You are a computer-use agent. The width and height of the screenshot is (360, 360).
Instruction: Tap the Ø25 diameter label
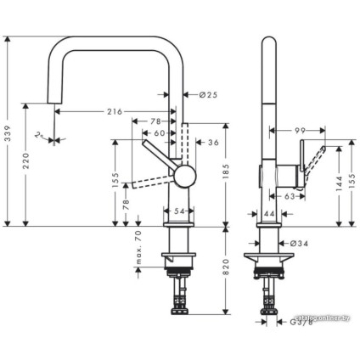tap(208, 95)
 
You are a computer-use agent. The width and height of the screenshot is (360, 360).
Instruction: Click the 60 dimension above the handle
tap(160, 133)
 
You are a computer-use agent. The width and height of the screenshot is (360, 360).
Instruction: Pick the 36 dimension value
tap(213, 143)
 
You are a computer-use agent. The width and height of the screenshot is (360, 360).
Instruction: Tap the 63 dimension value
tap(290, 196)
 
